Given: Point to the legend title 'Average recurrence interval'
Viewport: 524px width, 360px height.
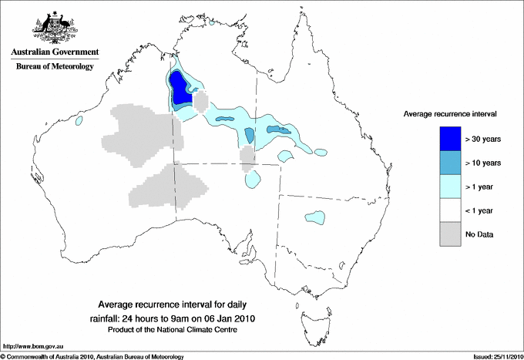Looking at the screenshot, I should coord(450,113).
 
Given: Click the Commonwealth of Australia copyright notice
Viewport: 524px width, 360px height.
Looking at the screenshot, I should coord(92,356).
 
